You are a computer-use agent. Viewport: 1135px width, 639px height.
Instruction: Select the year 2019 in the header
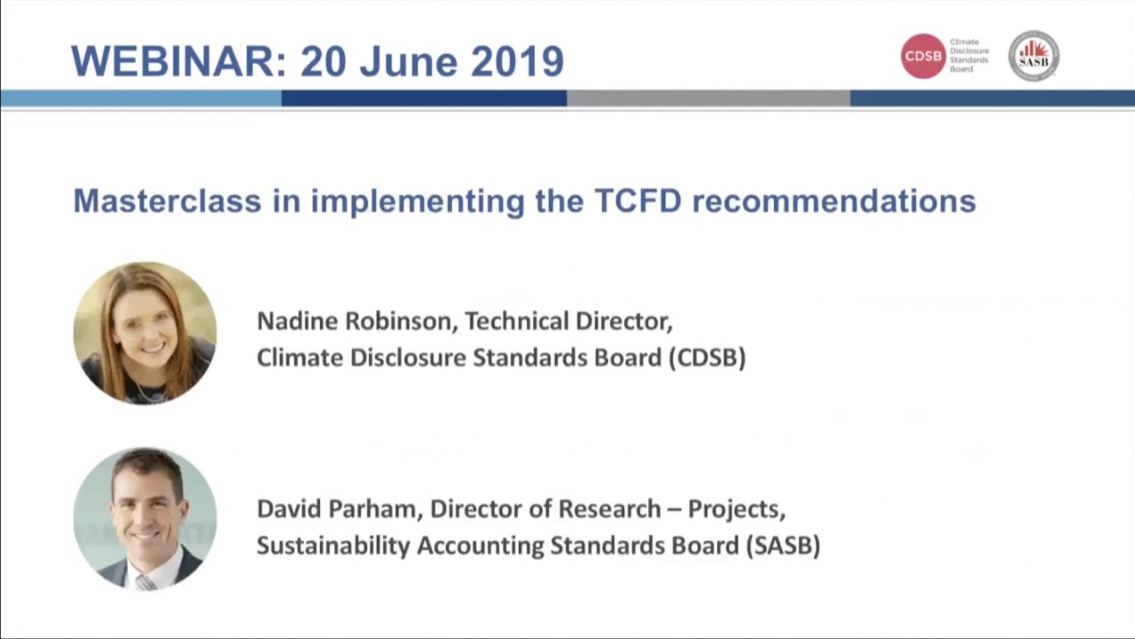pos(517,60)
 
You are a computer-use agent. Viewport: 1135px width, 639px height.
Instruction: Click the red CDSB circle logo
pos(923,56)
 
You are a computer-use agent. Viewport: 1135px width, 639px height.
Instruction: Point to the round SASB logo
pos(1034,56)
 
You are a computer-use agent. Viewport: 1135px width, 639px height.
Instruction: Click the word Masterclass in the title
pos(167,201)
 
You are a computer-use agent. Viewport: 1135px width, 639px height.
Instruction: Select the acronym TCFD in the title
pos(638,201)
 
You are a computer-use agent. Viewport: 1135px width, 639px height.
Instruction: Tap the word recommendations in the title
pos(834,201)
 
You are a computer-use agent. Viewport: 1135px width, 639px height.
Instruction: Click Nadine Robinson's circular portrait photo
pos(145,333)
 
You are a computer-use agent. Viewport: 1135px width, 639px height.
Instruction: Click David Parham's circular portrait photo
pos(145,518)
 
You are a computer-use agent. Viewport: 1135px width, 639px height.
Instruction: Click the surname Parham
pos(380,509)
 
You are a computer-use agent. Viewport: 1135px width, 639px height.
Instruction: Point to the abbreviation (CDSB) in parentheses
pos(707,357)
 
